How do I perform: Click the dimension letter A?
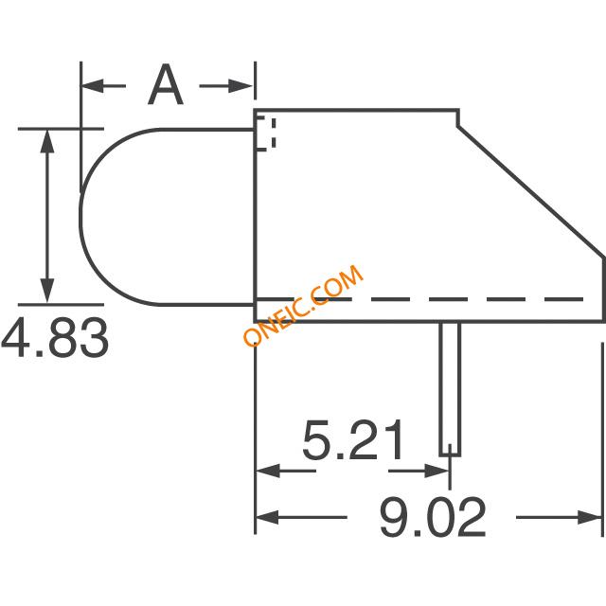tap(166, 84)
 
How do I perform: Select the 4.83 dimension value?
tap(55, 338)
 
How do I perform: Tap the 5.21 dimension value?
tap(352, 439)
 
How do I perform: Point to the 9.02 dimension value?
tap(432, 517)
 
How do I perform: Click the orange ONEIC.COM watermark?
tap(303, 305)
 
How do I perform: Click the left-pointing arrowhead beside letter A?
tap(93, 86)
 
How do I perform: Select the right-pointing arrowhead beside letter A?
tap(241, 86)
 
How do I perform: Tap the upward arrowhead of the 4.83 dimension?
tap(47, 142)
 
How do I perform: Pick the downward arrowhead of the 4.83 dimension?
tap(47, 290)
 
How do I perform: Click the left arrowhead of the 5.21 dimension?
tap(268, 471)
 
